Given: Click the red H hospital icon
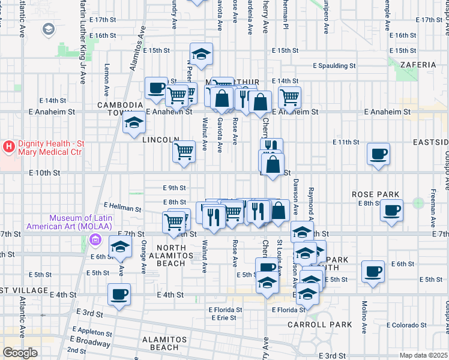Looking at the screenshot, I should coord(9,146).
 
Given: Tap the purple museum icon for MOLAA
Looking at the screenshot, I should coord(94,240).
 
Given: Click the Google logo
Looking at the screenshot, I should coord(20,353).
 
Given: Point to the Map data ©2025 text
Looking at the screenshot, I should coord(424,355).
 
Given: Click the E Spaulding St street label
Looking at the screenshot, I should coord(334,66).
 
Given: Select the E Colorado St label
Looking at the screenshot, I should coord(406,325).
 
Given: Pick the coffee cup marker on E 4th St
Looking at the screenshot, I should coord(119,294).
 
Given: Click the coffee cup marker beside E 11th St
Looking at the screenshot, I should coord(379,154).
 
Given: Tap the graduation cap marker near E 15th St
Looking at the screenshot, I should coord(202,54).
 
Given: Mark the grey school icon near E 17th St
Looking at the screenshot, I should coord(48,29).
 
